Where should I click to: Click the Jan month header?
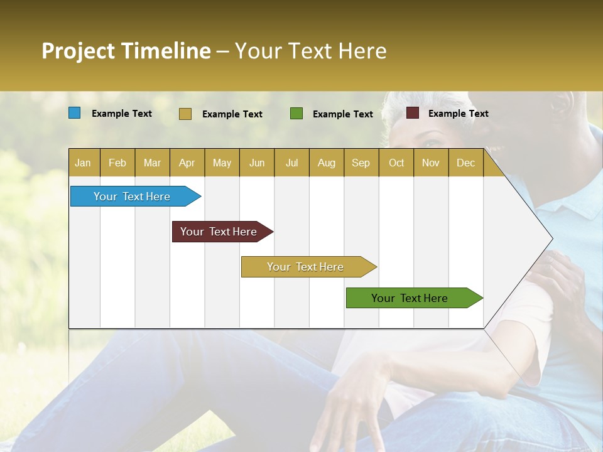click(x=83, y=163)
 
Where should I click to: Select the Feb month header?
click(x=117, y=163)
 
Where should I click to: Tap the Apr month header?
click(x=187, y=163)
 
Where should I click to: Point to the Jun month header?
click(x=257, y=163)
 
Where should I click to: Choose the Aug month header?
click(x=327, y=163)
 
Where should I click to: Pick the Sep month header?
click(x=361, y=163)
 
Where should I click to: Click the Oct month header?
click(x=396, y=163)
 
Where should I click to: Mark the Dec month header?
click(x=466, y=163)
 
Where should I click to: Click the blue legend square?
click(x=75, y=113)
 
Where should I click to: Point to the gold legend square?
click(x=185, y=114)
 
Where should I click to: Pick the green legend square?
click(x=296, y=114)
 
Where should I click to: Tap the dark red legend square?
click(x=413, y=113)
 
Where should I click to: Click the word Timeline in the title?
click(x=165, y=51)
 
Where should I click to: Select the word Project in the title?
click(x=77, y=51)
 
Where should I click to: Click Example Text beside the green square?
click(x=342, y=114)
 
